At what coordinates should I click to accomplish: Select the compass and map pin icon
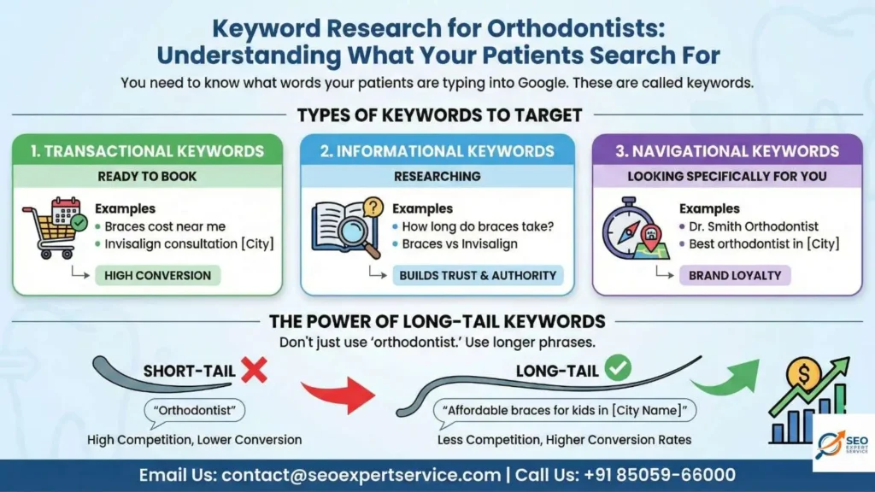point(634,229)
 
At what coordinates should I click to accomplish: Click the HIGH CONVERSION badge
point(157,275)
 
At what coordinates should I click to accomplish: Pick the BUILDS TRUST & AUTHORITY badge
point(478,275)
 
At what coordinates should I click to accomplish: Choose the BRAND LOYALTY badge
point(734,275)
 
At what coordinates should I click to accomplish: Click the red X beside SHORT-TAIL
point(254,370)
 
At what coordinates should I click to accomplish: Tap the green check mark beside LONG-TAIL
point(617,369)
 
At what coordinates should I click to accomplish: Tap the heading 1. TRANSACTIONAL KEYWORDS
point(147,151)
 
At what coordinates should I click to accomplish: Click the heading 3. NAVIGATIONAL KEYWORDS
point(727,151)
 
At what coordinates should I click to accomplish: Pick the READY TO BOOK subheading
point(147,176)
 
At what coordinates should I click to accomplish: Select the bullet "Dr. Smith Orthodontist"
point(749,226)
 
